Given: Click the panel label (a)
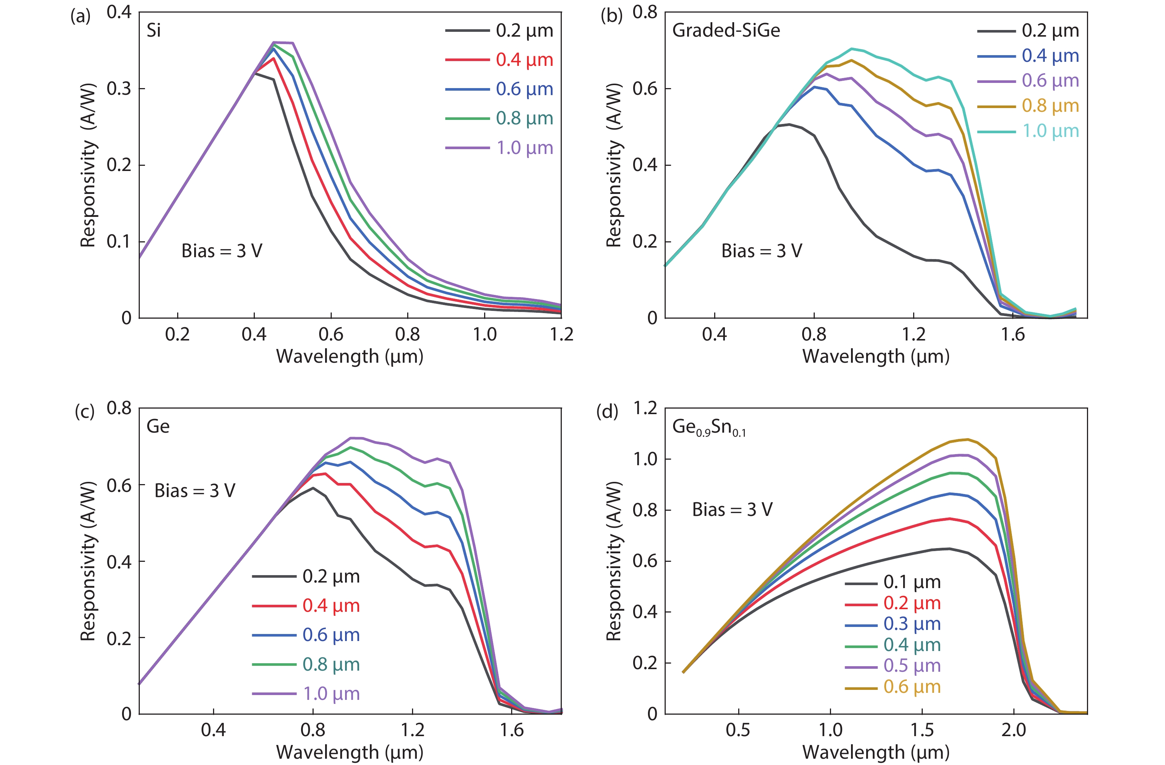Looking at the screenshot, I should click(x=80, y=16).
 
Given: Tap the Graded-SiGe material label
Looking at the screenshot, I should click(x=726, y=30).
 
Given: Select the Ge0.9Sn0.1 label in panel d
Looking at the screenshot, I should click(x=709, y=427).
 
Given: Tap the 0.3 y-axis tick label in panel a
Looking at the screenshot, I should click(x=119, y=89).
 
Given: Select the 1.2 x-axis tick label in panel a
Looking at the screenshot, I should click(x=561, y=335).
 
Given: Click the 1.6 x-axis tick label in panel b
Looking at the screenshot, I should click(x=1013, y=335).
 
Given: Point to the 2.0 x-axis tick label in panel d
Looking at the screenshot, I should click(x=1013, y=730).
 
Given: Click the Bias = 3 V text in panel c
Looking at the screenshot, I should click(x=195, y=491).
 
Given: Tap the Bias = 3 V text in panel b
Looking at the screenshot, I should click(x=762, y=251).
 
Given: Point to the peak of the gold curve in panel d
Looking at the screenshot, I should click(x=967, y=439).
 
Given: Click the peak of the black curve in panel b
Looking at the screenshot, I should click(x=789, y=124).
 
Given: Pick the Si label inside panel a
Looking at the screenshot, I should click(x=154, y=30).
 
